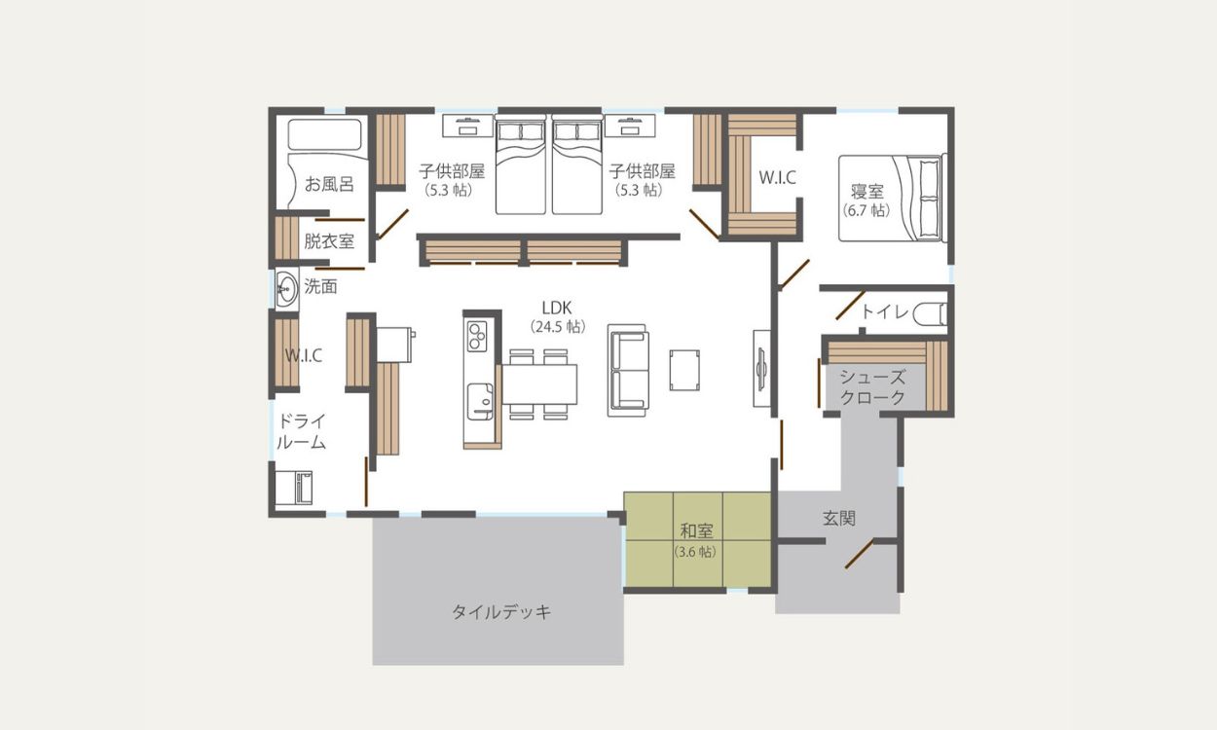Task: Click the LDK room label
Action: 557,308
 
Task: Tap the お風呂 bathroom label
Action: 329,184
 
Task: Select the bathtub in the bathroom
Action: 325,134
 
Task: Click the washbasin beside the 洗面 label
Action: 286,288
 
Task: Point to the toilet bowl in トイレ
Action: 930,314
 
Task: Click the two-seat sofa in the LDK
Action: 628,371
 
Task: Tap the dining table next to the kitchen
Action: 539,384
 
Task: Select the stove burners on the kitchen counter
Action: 477,337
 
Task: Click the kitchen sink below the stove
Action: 480,401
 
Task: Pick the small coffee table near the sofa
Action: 684,370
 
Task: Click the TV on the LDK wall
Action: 761,369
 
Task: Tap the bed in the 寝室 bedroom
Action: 892,199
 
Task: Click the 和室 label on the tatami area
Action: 697,530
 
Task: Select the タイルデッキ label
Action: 501,612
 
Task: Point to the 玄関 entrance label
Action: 839,518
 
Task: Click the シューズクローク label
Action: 872,386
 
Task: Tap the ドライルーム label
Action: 302,431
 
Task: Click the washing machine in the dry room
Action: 293,489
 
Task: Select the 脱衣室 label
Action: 329,240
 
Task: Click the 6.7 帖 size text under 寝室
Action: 867,210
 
